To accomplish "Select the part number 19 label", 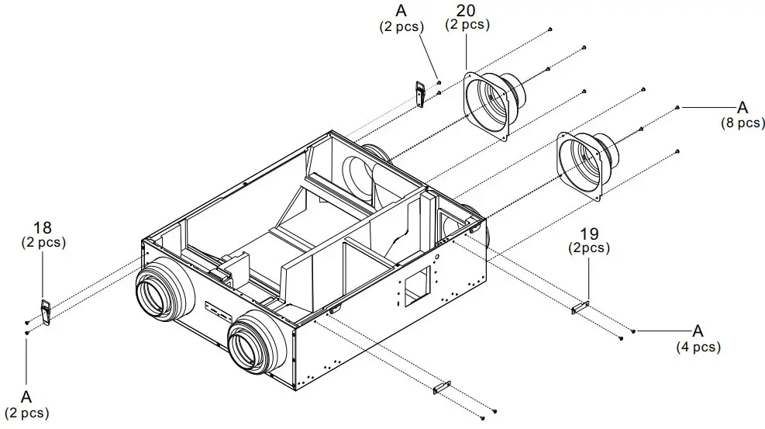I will (590, 234).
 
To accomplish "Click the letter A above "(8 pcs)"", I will (742, 107).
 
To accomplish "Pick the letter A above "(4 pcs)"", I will (698, 330).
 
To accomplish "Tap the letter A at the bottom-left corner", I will (26, 396).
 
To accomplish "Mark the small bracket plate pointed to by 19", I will (581, 309).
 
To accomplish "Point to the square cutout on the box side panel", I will (415, 286).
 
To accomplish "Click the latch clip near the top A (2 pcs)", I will (420, 94).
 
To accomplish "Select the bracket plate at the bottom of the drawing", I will (442, 386).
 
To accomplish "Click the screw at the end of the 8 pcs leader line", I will (678, 106).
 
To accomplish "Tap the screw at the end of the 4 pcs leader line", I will (634, 331).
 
